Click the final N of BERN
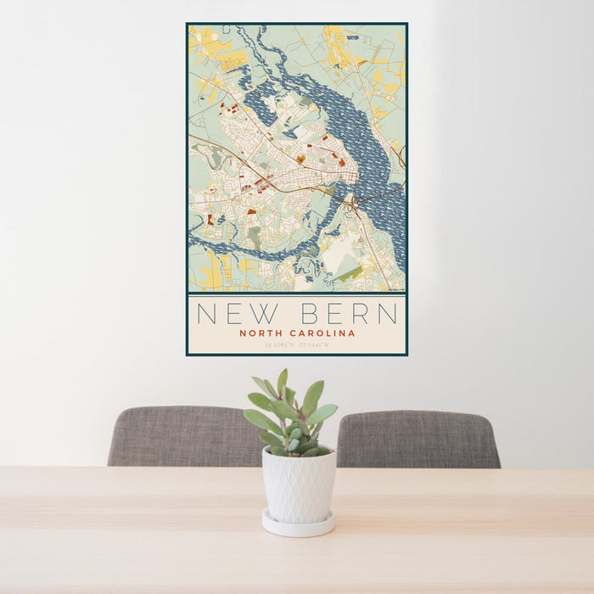coord(387,314)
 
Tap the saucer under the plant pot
coord(298,524)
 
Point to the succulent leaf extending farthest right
coord(323,414)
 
